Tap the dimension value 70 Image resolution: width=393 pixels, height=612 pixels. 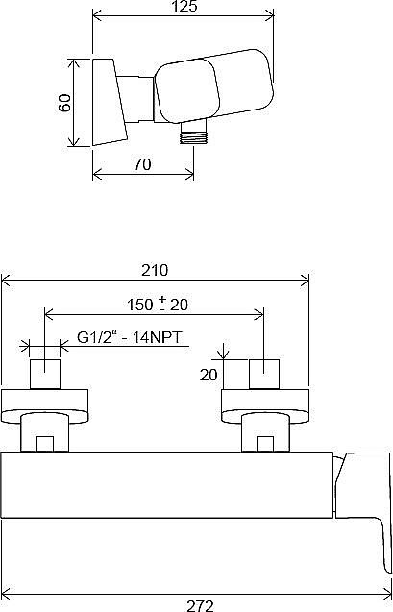coord(143,165)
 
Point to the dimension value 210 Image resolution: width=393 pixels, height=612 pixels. coord(155,269)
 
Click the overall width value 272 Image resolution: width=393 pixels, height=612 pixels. coord(199,604)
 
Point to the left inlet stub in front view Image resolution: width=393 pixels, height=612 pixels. coord(46,374)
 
